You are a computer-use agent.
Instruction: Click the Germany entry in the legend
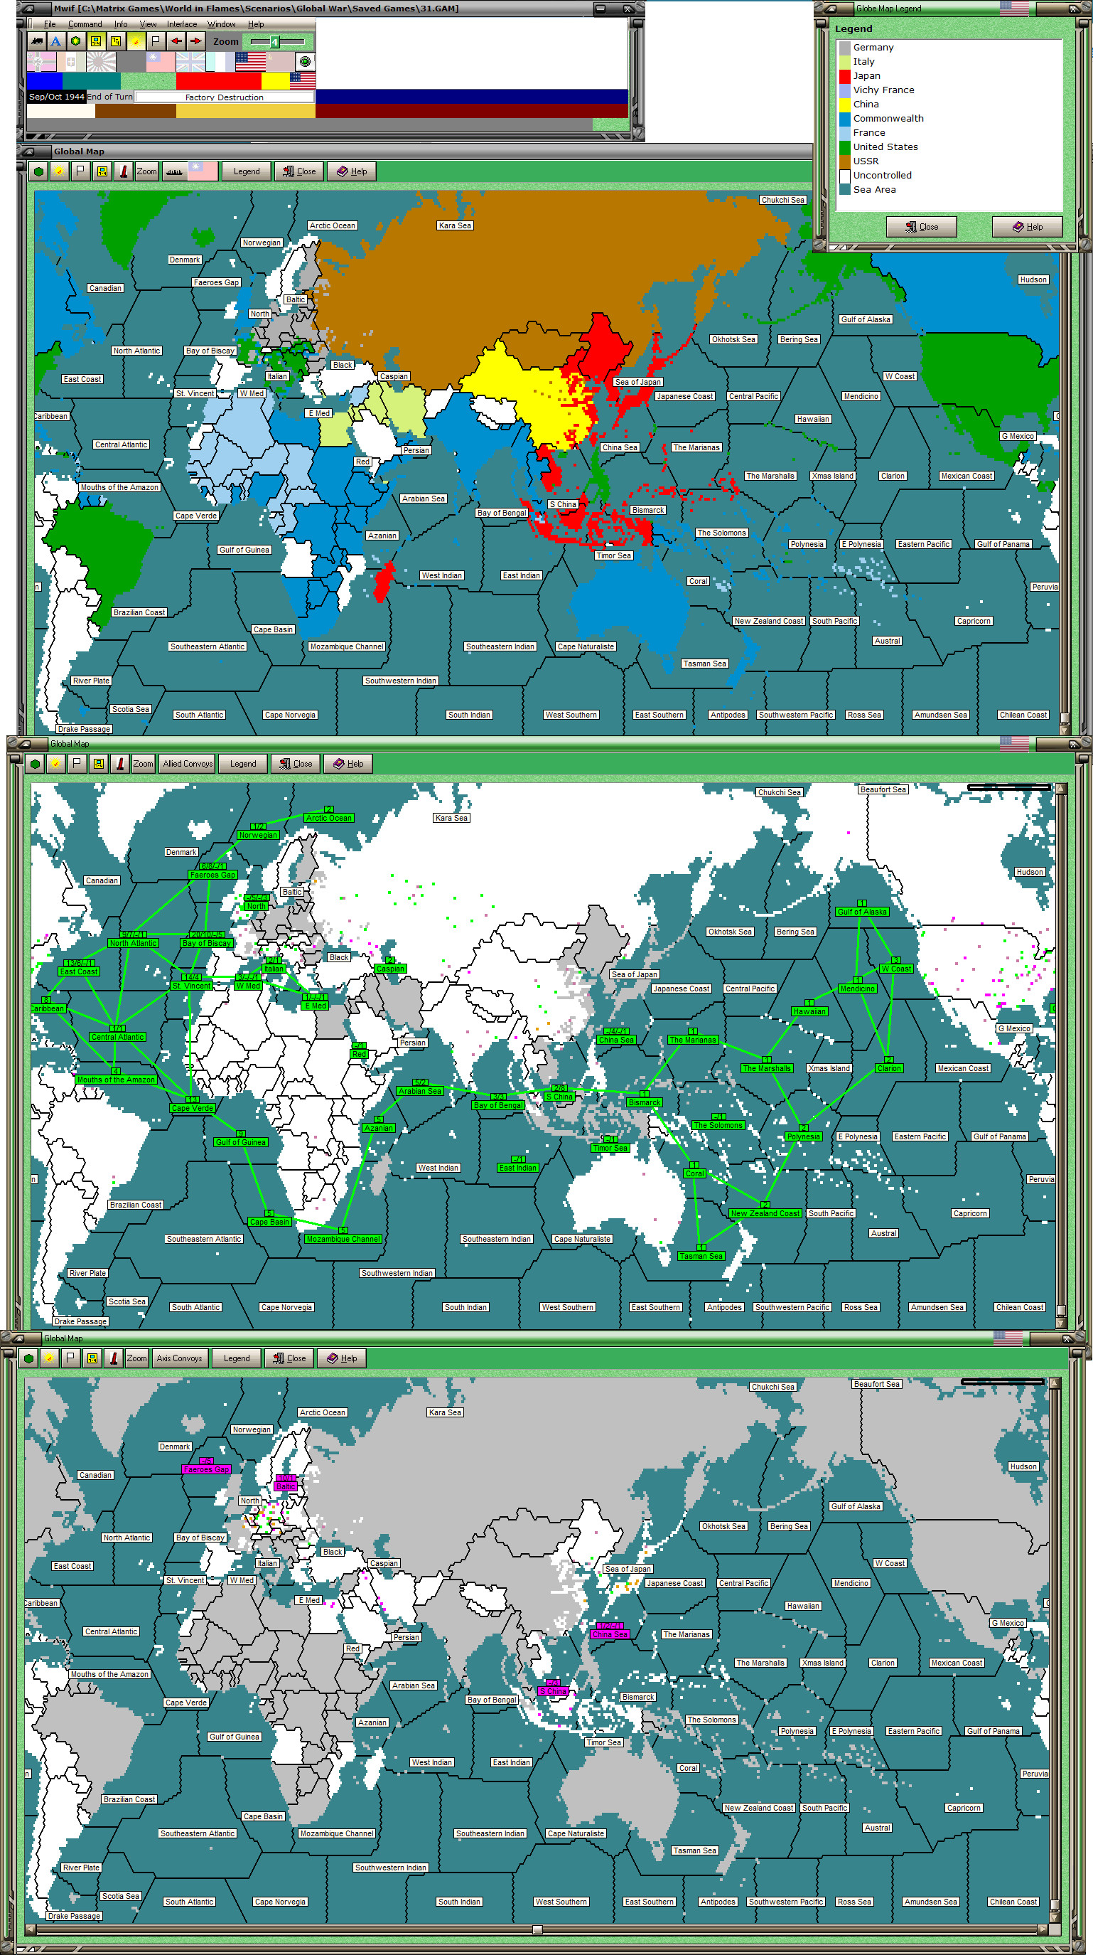coord(872,47)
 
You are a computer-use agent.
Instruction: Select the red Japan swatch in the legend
coord(844,76)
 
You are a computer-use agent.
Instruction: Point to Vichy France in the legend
coord(883,90)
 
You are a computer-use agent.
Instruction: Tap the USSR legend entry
coord(866,161)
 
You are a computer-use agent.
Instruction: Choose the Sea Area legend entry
coord(874,189)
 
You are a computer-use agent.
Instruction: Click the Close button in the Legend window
coord(921,226)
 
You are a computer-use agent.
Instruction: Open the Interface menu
coord(182,24)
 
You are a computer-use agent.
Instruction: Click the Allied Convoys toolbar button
coord(188,764)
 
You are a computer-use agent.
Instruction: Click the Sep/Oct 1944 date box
coord(56,97)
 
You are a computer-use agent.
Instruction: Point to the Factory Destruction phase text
coord(224,97)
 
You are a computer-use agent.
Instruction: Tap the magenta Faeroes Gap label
coord(205,1469)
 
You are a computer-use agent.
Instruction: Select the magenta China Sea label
coord(609,1634)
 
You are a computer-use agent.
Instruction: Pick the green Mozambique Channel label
coord(343,1239)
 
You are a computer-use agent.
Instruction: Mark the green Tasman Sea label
coord(700,1256)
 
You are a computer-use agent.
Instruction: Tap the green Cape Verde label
coord(192,1108)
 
